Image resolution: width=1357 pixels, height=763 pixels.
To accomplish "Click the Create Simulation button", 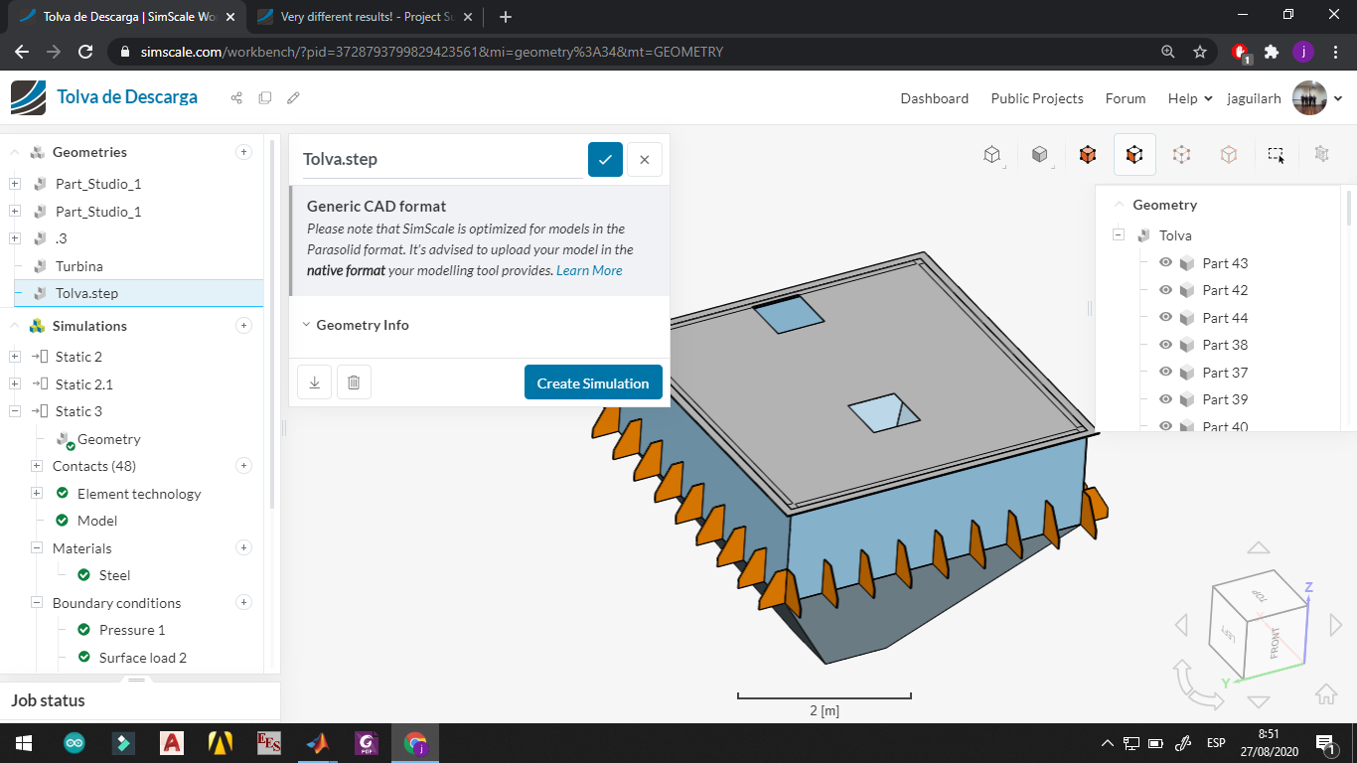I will pyautogui.click(x=593, y=383).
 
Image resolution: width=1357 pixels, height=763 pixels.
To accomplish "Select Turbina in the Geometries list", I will pyautogui.click(x=78, y=266).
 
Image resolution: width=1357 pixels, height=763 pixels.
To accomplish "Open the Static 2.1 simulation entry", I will pyautogui.click(x=83, y=384).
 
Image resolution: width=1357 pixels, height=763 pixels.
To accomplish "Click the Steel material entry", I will pyautogui.click(x=114, y=575).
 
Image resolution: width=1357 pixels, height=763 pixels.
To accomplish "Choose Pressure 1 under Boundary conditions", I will pyautogui.click(x=131, y=630).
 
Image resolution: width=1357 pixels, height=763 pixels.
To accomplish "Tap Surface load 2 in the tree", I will pyautogui.click(x=142, y=658).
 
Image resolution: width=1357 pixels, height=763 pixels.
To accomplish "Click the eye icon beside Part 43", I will pyautogui.click(x=1166, y=263).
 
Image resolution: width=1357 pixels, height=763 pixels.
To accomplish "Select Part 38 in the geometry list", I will pyautogui.click(x=1224, y=345).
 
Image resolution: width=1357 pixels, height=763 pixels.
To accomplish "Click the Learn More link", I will pyautogui.click(x=589, y=270).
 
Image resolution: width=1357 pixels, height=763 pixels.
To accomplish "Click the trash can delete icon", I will pyautogui.click(x=354, y=382).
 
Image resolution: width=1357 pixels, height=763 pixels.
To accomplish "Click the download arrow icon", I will pyautogui.click(x=314, y=382).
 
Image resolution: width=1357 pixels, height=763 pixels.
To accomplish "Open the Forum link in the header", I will pyautogui.click(x=1125, y=98).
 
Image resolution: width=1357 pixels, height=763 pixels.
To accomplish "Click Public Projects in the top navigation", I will pyautogui.click(x=1036, y=98).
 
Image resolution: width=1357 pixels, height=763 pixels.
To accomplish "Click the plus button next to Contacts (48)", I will pyautogui.click(x=243, y=466).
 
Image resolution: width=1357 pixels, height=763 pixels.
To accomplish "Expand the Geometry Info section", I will pyautogui.click(x=362, y=325).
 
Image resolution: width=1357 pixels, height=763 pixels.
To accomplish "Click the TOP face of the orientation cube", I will pyautogui.click(x=1260, y=596).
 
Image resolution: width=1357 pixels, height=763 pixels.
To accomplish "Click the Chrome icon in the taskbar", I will pyautogui.click(x=415, y=743).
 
